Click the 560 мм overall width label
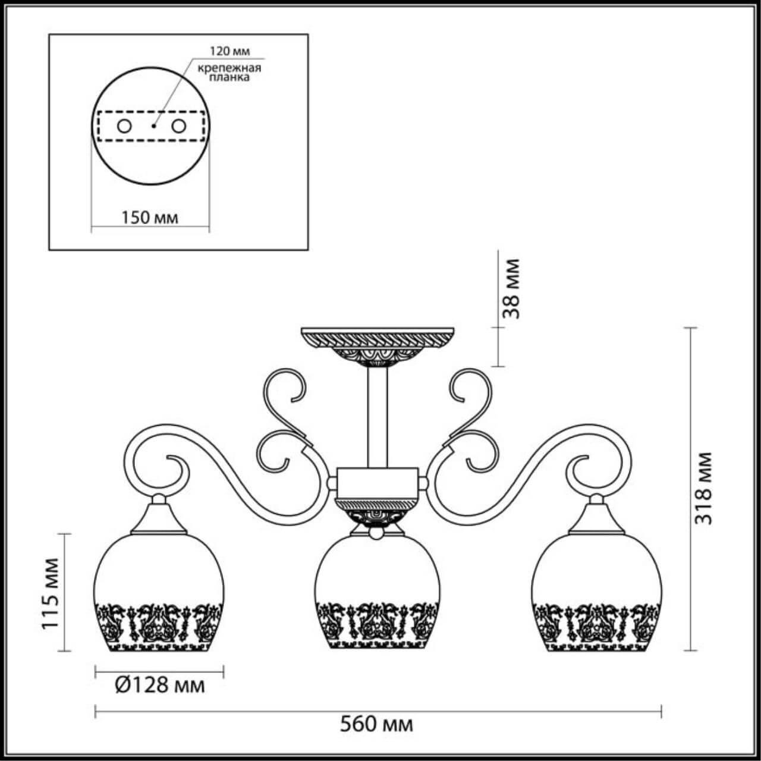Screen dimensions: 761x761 click(376, 725)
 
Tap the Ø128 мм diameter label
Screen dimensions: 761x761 click(159, 685)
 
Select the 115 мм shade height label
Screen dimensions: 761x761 click(52, 593)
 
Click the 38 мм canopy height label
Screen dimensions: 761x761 click(511, 288)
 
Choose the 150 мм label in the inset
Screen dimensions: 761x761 click(150, 218)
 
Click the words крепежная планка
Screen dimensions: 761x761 click(229, 73)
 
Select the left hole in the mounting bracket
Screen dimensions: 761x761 click(124, 126)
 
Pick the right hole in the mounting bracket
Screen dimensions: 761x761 click(177, 126)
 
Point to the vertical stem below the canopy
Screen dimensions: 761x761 click(378, 416)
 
